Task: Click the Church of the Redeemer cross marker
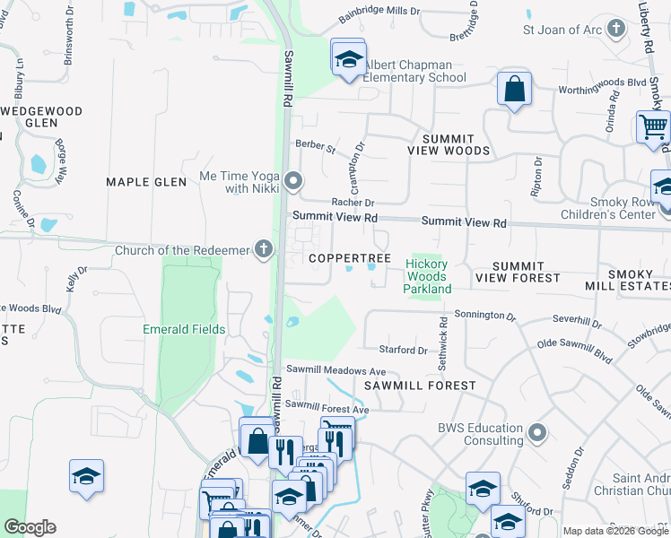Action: click(263, 248)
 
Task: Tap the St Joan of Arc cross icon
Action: click(616, 29)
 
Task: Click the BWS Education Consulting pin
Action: click(537, 434)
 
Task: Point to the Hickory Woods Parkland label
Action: click(426, 276)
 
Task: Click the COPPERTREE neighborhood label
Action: click(350, 258)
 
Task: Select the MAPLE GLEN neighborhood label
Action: click(146, 182)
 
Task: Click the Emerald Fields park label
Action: click(184, 329)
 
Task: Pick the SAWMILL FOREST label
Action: click(419, 385)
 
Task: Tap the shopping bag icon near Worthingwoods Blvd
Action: click(514, 90)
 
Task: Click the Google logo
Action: click(30, 527)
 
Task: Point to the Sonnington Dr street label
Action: click(485, 317)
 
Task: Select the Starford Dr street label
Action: click(404, 350)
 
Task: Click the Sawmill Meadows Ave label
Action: click(335, 370)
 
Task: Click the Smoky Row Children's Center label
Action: click(608, 209)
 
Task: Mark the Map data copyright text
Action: click(615, 531)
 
